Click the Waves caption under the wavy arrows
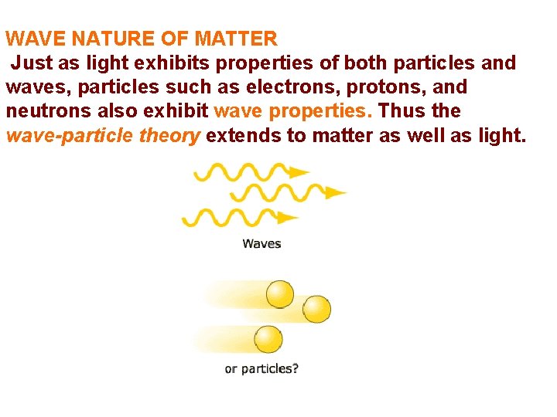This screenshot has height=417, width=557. tap(261, 244)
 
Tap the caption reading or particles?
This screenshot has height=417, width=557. tap(261, 369)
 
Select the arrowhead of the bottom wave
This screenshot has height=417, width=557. tap(288, 218)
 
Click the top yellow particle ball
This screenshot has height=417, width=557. tap(280, 294)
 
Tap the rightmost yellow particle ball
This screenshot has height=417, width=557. tap(316, 310)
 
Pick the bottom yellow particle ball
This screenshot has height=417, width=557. tap(268, 339)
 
